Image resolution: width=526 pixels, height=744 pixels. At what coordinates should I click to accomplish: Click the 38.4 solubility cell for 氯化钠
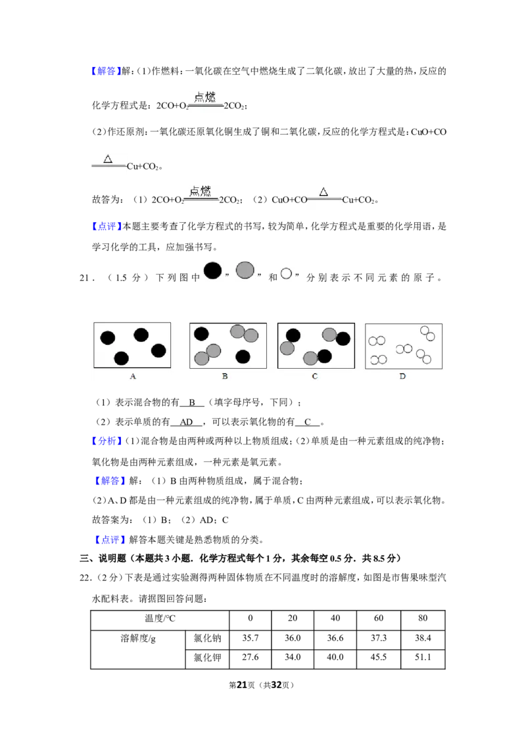click(423, 638)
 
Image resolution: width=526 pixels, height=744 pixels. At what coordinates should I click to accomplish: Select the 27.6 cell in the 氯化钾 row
click(251, 657)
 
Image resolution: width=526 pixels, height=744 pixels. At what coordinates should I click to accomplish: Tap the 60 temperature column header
click(378, 618)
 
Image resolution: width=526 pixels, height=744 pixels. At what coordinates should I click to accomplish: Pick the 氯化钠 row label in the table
click(207, 638)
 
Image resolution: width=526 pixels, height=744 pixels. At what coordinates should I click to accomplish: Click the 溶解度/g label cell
click(137, 638)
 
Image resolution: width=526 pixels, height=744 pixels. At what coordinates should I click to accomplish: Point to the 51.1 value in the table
click(423, 657)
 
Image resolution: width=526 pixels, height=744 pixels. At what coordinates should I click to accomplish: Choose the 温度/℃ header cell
click(160, 618)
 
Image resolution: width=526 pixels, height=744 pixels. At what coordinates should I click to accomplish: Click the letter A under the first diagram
click(133, 376)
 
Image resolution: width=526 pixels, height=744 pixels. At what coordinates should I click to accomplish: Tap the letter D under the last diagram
click(402, 376)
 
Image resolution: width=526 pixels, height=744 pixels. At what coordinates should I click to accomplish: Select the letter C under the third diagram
click(315, 376)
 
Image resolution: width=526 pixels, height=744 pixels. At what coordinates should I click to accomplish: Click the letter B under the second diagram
click(225, 376)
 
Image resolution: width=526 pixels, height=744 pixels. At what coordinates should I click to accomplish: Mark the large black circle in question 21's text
click(212, 271)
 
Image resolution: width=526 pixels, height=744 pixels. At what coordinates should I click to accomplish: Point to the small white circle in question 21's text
click(286, 273)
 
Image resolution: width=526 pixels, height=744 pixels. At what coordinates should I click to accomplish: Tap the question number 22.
click(85, 578)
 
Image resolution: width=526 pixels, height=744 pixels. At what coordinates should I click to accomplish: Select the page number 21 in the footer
click(242, 685)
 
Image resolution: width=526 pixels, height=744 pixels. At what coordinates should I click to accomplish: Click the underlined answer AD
click(186, 422)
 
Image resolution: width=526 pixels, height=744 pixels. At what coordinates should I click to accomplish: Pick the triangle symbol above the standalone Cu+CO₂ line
click(108, 158)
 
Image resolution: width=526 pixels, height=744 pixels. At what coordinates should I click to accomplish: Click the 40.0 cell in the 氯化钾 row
click(335, 657)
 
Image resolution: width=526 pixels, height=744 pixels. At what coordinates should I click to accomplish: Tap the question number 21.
click(85, 278)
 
